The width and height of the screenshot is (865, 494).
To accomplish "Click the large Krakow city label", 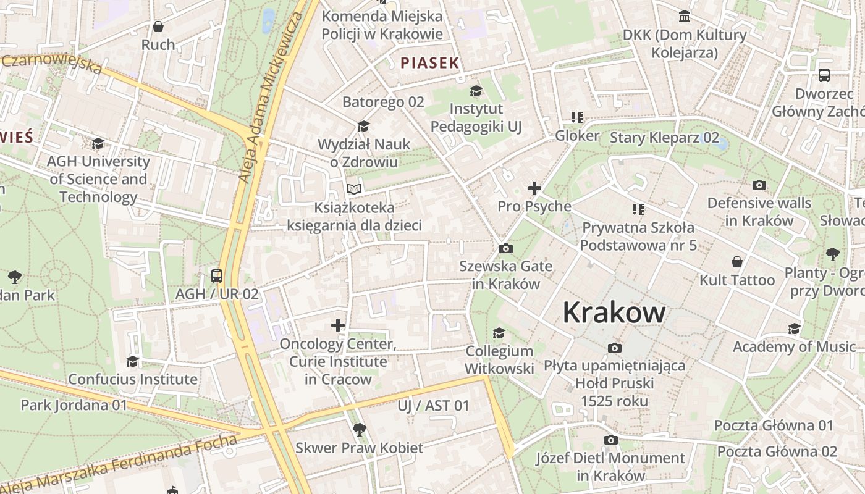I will [614, 312].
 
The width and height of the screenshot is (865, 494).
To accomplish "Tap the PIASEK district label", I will [430, 62].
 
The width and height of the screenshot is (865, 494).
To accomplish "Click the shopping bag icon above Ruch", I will [158, 27].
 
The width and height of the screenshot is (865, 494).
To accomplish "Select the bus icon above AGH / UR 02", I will [217, 275].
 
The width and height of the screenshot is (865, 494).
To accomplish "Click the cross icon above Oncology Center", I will [338, 325].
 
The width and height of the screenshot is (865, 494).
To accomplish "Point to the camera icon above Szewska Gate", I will [505, 248].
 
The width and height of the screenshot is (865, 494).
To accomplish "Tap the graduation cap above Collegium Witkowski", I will [499, 333].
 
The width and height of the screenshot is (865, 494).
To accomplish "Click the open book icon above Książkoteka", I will [353, 189].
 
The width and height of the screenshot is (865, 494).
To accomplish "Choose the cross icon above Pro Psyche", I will [534, 188].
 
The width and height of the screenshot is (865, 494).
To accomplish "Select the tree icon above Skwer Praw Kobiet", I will [359, 429].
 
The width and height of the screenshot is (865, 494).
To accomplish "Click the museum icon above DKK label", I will [685, 17].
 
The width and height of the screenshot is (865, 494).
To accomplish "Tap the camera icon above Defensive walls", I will [759, 185].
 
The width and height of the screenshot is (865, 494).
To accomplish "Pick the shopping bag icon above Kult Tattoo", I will [736, 262].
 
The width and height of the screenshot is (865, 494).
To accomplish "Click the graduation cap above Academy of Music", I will [794, 329].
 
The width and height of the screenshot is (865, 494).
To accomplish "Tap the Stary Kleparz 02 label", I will [664, 137].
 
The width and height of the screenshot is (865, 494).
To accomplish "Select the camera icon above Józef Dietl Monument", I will [610, 440].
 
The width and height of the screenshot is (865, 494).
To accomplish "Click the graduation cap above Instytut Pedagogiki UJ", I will [476, 91].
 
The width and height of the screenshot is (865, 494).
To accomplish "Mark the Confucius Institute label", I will [133, 379].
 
